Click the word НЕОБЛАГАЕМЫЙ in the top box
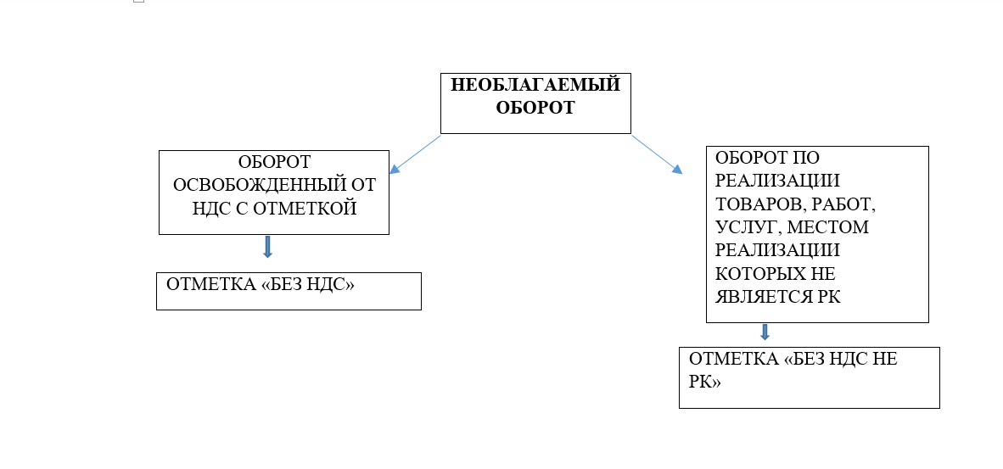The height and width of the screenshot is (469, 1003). point(535,85)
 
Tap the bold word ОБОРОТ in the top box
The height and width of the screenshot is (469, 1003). point(535,108)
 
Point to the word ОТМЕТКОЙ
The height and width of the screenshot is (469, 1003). point(305,209)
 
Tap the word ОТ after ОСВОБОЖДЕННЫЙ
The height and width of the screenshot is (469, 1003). point(362,185)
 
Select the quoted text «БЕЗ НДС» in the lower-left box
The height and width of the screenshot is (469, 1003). point(308,284)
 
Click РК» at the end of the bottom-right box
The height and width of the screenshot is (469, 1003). point(705,382)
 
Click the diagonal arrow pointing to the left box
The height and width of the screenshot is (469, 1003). point(414,154)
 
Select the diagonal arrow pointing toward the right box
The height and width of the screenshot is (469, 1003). point(657,154)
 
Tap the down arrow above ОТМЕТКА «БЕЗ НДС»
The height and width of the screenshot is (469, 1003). point(267,247)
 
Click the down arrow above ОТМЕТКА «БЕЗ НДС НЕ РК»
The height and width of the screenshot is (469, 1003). point(765,332)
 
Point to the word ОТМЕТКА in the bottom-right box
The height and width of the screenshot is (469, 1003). point(734,359)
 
